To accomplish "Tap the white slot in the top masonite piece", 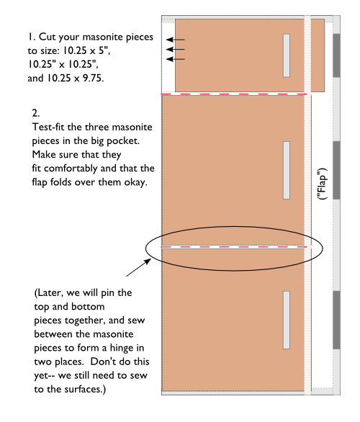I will [x=286, y=55].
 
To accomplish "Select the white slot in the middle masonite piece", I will [x=286, y=170].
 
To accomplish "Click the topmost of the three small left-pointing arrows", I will [x=175, y=40].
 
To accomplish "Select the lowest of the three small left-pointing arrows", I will [x=175, y=59].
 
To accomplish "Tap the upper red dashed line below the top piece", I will [x=235, y=94].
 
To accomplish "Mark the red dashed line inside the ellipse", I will [x=235, y=246].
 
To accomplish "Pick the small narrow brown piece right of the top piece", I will [x=318, y=55].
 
